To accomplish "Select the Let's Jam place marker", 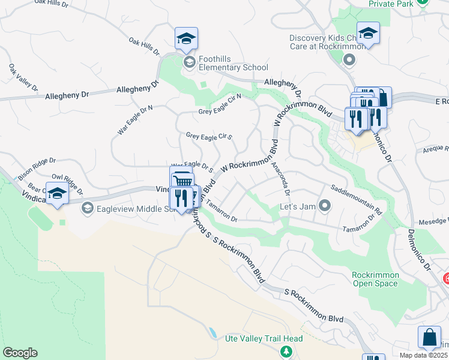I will [x=325, y=206].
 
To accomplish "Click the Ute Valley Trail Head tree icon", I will [x=287, y=351].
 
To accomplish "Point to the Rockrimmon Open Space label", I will [x=375, y=279].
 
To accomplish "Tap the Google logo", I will [x=20, y=353].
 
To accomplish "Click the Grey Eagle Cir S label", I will [x=209, y=137].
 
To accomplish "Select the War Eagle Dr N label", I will [x=136, y=119].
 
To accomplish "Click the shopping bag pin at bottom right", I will [x=430, y=338].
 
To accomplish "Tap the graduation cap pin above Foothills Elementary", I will [x=186, y=39].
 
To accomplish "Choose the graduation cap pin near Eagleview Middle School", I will [x=57, y=194].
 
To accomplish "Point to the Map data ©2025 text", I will [x=423, y=355].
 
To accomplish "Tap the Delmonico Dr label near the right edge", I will [x=418, y=246].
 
